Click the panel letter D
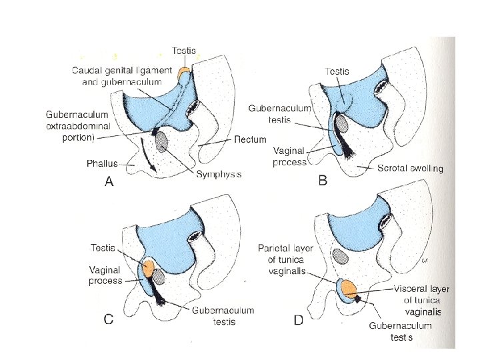click(x=299, y=321)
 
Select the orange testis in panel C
click(x=148, y=269)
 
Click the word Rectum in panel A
click(x=251, y=140)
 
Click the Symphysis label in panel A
click(x=219, y=174)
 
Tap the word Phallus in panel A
click(x=102, y=163)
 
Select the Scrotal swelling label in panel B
click(x=409, y=169)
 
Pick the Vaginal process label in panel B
click(x=289, y=157)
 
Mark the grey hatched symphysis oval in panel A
click(x=162, y=139)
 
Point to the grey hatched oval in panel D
click(x=341, y=256)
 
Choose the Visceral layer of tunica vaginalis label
click(x=421, y=300)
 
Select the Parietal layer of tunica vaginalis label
click(x=286, y=259)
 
